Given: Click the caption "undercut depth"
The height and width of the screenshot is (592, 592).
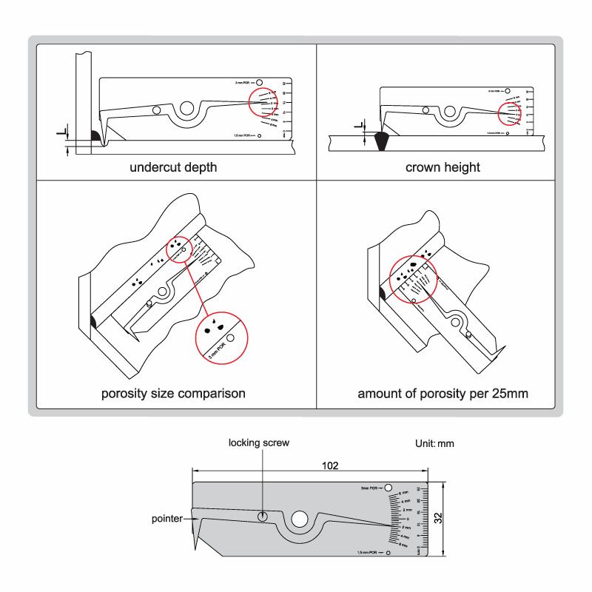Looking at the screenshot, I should pyautogui.click(x=173, y=167).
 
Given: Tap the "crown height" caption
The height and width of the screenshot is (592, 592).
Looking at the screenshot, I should pyautogui.click(x=443, y=167).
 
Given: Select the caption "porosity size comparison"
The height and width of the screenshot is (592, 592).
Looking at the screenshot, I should pyautogui.click(x=173, y=392).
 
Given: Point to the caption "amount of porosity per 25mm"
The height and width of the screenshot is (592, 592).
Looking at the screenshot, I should pyautogui.click(x=443, y=392).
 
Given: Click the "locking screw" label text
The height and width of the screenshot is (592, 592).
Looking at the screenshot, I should pyautogui.click(x=258, y=443).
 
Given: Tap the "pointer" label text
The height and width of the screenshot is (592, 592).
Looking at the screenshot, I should pyautogui.click(x=166, y=520).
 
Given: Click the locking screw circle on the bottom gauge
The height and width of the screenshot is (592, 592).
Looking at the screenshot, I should pyautogui.click(x=263, y=517).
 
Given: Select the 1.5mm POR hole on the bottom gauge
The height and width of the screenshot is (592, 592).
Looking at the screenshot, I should pyautogui.click(x=388, y=552).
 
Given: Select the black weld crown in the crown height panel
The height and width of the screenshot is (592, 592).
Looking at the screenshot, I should pyautogui.click(x=383, y=141).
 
